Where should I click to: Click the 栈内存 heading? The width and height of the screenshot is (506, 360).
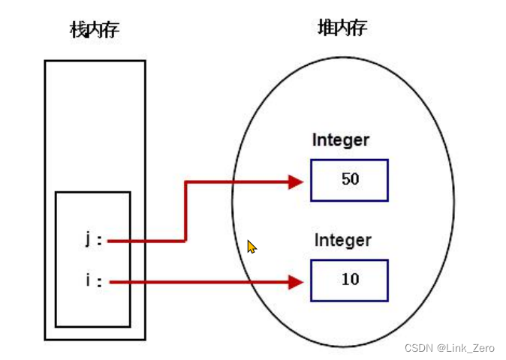94,30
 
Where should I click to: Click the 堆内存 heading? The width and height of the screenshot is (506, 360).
342,28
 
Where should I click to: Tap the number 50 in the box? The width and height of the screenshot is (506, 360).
349,180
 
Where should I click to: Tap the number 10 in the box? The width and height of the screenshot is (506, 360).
350,280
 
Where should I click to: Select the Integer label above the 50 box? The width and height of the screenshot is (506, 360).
342,140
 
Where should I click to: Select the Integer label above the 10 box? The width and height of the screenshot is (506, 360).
342,241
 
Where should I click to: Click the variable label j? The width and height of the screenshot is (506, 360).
89,240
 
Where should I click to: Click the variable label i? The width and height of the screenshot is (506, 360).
89,281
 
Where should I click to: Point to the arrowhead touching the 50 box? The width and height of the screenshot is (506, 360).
296,181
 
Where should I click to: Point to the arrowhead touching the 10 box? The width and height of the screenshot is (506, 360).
296,282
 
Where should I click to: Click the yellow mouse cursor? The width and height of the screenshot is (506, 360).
251,247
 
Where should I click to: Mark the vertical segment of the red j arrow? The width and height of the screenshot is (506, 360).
185,211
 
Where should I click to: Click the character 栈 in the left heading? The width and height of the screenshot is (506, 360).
78,30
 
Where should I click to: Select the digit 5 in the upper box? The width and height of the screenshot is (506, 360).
345,180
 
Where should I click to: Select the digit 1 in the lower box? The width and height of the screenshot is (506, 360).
345,280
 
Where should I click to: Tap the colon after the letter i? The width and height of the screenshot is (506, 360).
99,283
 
